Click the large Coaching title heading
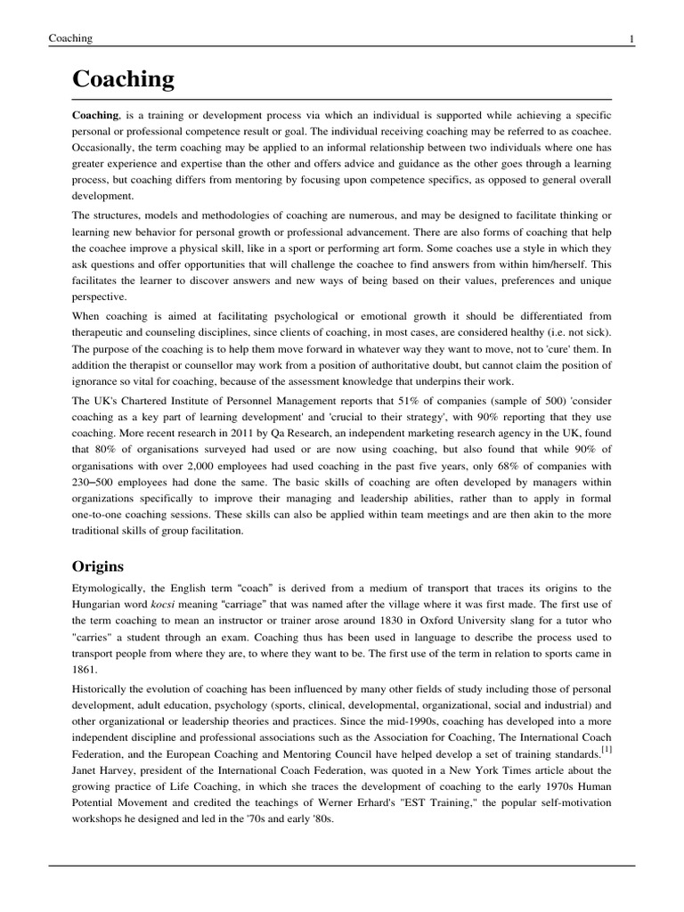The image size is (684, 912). click(x=123, y=80)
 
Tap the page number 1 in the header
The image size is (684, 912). click(x=631, y=38)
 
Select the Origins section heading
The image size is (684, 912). click(x=99, y=566)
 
